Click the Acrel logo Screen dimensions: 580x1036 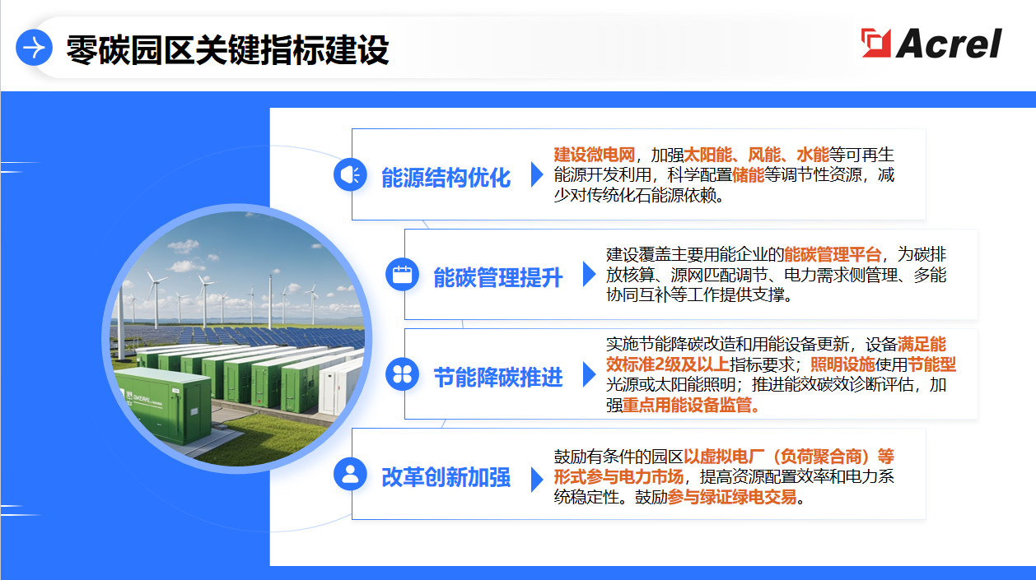(931, 44)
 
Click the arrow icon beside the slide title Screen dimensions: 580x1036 (35, 48)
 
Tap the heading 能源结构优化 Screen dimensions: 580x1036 (446, 177)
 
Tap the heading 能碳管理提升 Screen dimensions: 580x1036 (498, 277)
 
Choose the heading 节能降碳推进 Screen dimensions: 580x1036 (498, 377)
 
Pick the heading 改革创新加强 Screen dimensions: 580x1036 (446, 476)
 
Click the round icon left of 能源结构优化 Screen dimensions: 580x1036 (350, 174)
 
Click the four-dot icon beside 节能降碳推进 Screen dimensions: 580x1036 (402, 374)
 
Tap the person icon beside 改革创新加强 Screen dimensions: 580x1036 (350, 474)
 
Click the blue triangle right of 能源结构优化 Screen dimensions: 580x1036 (537, 174)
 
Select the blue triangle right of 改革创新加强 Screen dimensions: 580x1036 (537, 477)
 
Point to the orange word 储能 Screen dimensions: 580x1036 (748, 175)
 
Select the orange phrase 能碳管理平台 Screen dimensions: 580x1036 (833, 254)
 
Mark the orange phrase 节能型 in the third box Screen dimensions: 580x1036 (931, 364)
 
